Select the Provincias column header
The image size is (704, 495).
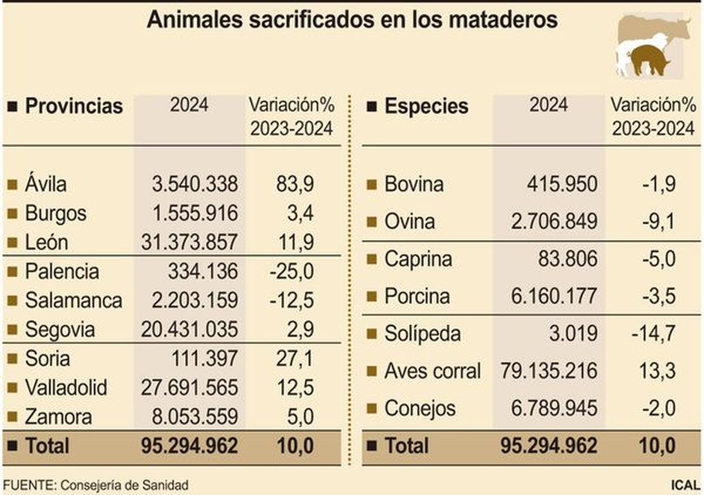coord(73,106)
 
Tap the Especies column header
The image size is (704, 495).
coord(426,106)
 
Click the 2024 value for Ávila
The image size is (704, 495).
coord(194,184)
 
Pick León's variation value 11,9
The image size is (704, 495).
coord(296,242)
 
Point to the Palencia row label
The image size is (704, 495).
coord(62,271)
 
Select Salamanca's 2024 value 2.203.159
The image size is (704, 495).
coord(194,301)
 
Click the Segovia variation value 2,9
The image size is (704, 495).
coord(300,330)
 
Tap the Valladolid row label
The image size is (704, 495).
coord(66,388)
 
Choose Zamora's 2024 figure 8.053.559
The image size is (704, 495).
coord(194,417)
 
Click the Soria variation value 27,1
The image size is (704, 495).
coord(294,359)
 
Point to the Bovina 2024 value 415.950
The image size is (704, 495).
coord(562,184)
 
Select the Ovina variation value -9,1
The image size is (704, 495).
coord(658,221)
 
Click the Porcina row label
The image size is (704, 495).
coord(417,296)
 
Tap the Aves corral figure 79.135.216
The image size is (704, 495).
coord(548,371)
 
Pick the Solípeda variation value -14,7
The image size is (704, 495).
coord(653,334)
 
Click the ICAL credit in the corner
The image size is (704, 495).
coord(685,485)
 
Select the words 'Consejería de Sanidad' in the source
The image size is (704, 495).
coord(124,485)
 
